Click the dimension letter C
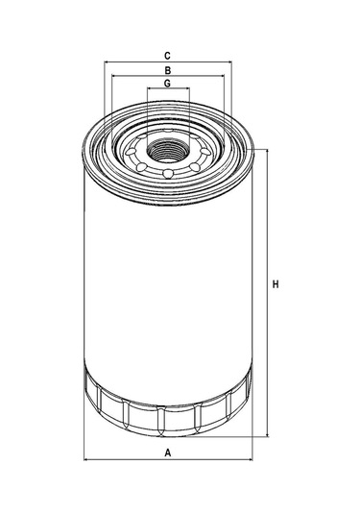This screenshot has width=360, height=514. click(x=167, y=56)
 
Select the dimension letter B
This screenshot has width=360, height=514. click(x=167, y=70)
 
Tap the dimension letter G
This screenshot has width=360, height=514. click(x=167, y=84)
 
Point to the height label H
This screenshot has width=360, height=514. click(x=276, y=284)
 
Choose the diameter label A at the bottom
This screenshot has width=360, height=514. click(x=168, y=453)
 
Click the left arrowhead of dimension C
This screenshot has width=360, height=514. click(x=107, y=61)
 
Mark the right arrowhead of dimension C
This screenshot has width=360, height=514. click(x=229, y=61)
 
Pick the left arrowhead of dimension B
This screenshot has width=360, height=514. click(x=114, y=76)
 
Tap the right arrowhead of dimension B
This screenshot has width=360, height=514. click(x=222, y=76)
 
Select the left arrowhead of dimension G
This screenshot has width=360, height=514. click(x=150, y=88)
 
